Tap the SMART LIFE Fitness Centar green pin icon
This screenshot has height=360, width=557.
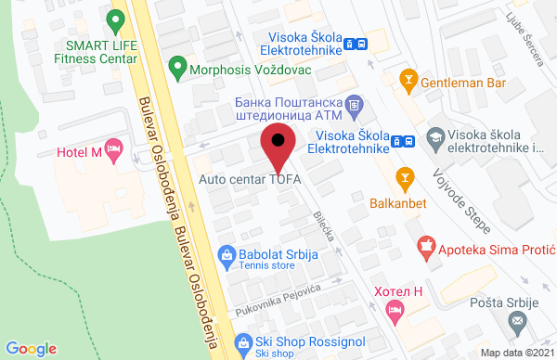click(x=115, y=19)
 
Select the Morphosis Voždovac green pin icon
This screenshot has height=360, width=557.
click(x=176, y=68)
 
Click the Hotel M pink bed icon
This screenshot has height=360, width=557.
click(x=114, y=150)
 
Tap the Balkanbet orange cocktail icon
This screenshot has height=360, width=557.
click(x=404, y=175)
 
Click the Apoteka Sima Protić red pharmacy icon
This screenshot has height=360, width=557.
click(x=426, y=247)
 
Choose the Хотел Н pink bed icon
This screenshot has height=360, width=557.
click(x=395, y=313)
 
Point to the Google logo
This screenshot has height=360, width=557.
click(x=32, y=348)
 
